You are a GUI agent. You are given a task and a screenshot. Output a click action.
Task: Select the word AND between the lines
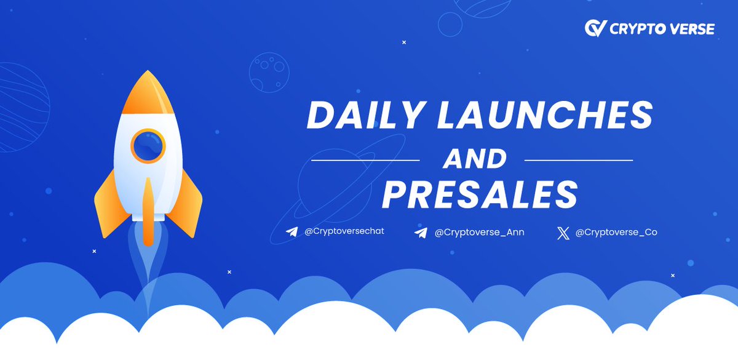coord(474,160)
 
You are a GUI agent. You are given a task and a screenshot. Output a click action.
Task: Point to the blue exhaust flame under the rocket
coord(148,265)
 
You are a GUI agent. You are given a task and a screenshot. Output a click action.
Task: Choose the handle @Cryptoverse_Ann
coord(479,233)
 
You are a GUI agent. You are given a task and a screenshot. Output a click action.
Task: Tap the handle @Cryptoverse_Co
coord(616,233)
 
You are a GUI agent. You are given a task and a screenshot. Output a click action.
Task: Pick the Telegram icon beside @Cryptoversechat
coord(292,233)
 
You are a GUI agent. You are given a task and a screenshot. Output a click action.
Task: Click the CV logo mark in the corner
coord(595,28)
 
